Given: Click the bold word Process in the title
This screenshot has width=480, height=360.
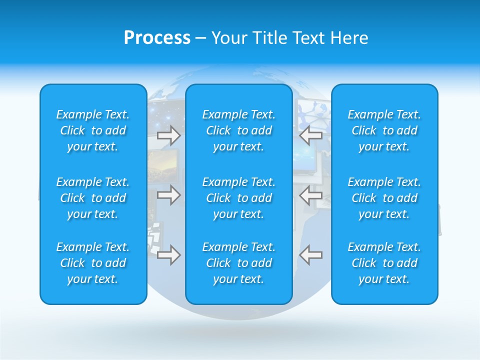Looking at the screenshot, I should (x=157, y=38).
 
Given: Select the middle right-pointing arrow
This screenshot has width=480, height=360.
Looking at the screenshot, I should (x=168, y=195).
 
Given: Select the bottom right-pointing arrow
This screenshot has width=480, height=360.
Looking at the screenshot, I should (x=168, y=255).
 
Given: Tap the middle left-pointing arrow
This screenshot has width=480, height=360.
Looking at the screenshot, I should (x=310, y=195).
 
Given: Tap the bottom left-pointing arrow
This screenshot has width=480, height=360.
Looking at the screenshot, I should (x=310, y=255).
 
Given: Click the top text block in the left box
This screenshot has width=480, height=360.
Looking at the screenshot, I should (x=93, y=130).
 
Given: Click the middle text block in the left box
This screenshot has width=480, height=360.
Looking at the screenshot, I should (x=93, y=198).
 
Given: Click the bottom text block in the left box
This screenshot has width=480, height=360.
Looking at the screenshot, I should (x=93, y=263).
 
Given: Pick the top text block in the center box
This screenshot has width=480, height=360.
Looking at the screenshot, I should (x=239, y=130).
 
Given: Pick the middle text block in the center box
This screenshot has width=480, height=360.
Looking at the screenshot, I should (x=239, y=198).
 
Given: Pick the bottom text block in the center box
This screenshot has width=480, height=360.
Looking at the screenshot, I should (x=239, y=263).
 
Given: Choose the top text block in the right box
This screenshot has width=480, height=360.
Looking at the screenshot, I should (x=384, y=130).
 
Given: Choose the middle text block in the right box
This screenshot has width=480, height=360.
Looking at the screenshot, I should (x=384, y=198).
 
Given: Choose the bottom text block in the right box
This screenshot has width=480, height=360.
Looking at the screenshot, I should (x=384, y=263).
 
